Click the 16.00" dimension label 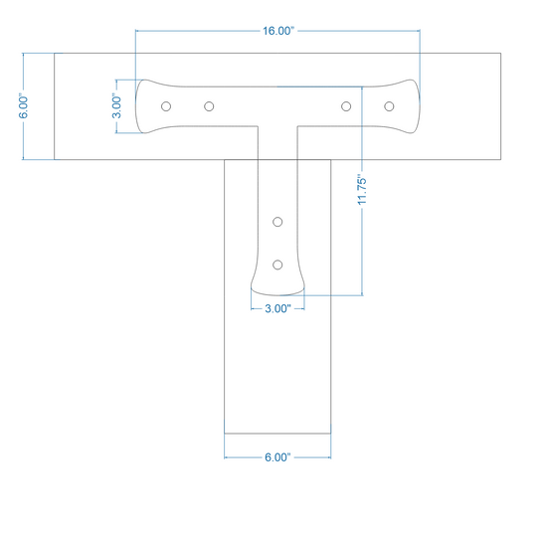(278, 31)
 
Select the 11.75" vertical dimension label (362, 190)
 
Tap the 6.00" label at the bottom (277, 457)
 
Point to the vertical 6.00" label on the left (24, 105)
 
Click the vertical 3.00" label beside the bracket (117, 105)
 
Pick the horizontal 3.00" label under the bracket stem (277, 308)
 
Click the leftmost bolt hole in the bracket (166, 106)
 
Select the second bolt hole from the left (209, 106)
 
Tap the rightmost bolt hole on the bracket (389, 106)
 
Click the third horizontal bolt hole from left (346, 106)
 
